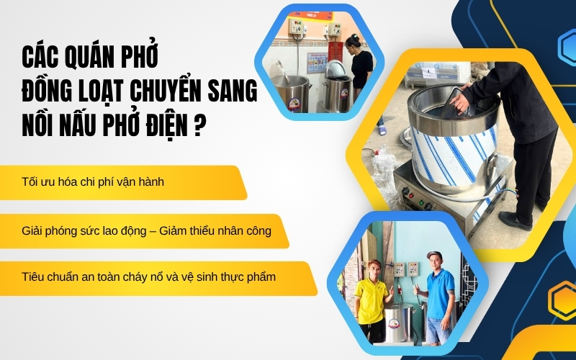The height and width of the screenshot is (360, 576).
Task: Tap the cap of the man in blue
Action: (433, 255)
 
